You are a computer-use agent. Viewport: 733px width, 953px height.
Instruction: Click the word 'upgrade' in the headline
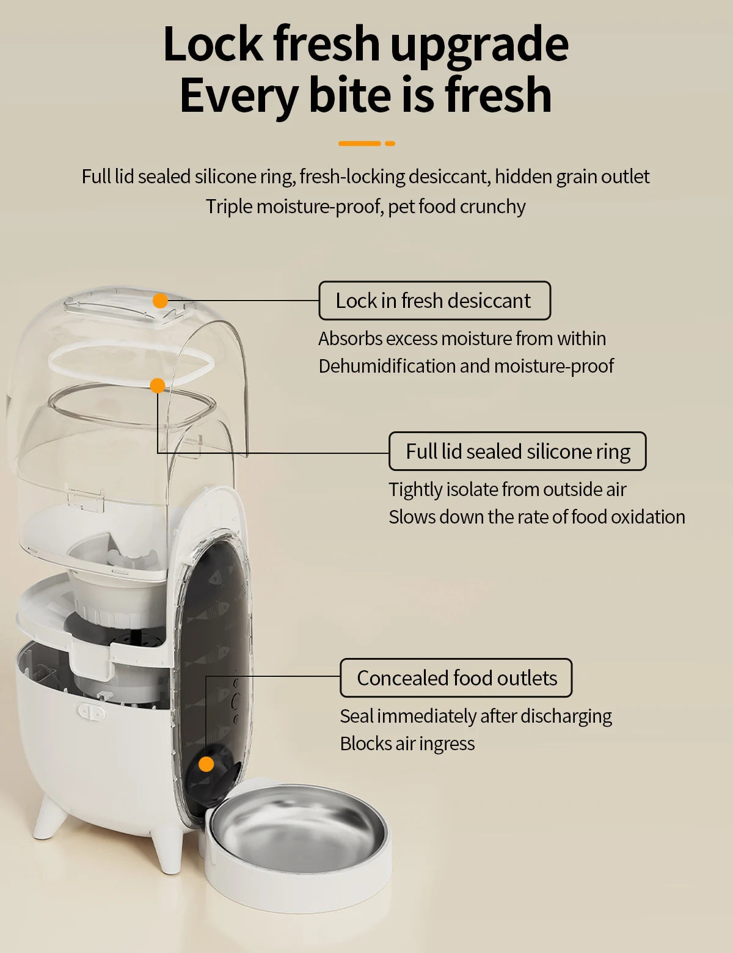coord(480,44)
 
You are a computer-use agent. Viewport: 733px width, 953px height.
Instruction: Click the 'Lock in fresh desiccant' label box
coord(434,301)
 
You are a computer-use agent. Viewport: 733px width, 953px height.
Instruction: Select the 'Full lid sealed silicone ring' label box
coord(517,451)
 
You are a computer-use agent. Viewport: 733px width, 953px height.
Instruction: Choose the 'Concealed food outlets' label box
coord(456,678)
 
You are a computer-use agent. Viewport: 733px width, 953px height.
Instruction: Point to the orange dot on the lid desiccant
coord(160,301)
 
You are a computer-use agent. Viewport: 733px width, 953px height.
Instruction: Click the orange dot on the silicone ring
coord(158,385)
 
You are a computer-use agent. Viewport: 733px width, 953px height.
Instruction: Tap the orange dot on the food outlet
coord(206,764)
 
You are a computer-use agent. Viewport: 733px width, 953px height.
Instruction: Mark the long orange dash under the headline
coord(360,144)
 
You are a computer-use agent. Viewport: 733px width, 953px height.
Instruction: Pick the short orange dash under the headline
coord(390,144)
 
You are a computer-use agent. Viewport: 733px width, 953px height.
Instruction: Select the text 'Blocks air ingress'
coord(407,743)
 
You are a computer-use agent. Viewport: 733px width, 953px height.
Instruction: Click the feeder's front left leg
coord(50,819)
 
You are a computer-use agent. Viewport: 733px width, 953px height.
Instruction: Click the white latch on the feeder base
coord(92,712)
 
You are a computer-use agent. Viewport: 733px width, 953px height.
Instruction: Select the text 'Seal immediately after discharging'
coord(476,716)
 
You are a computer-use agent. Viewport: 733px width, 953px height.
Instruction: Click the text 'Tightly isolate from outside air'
coord(508,489)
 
